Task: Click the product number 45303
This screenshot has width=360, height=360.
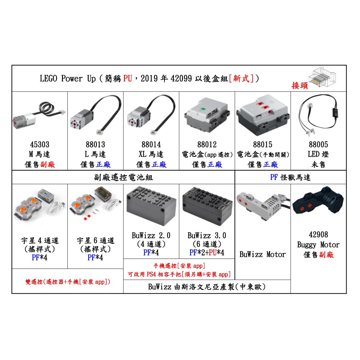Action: (x=39, y=144)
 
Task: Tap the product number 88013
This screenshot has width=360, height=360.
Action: (x=95, y=144)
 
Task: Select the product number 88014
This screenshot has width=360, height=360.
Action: (x=151, y=144)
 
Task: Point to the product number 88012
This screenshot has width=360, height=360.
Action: (x=207, y=144)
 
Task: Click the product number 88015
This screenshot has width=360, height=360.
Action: (x=262, y=144)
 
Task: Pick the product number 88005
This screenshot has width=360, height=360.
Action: (x=318, y=144)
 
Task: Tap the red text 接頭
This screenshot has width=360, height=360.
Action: (x=300, y=86)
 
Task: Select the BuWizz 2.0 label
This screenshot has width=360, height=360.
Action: (x=151, y=235)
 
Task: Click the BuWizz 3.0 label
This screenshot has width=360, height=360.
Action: (x=207, y=235)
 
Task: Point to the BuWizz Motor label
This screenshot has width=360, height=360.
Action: (x=262, y=255)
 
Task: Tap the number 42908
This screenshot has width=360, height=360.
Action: (x=318, y=235)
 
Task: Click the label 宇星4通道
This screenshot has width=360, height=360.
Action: (x=39, y=240)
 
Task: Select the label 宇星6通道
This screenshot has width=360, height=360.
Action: (x=95, y=240)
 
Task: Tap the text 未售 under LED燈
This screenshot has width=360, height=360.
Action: (x=318, y=165)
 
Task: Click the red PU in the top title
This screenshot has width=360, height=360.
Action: (x=127, y=78)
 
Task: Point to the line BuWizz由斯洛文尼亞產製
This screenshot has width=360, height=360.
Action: (x=207, y=287)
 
